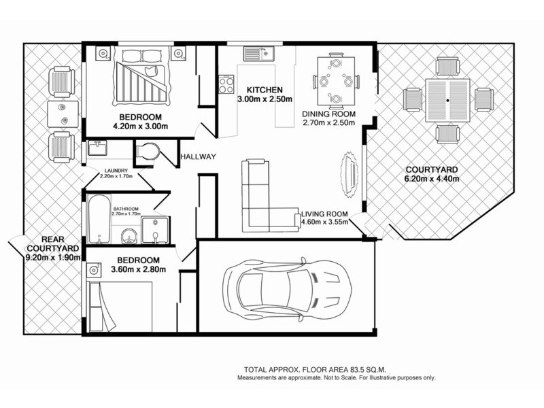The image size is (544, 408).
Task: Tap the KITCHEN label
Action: (x=260, y=90)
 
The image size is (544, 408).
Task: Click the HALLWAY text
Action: (x=198, y=157)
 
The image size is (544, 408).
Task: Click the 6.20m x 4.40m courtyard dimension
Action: (x=432, y=180)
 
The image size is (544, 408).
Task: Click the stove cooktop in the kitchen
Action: (x=225, y=84)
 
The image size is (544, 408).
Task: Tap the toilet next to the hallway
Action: (x=148, y=154)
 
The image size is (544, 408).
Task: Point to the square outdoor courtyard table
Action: (x=447, y=100)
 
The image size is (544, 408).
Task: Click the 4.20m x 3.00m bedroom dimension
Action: (x=140, y=126)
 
